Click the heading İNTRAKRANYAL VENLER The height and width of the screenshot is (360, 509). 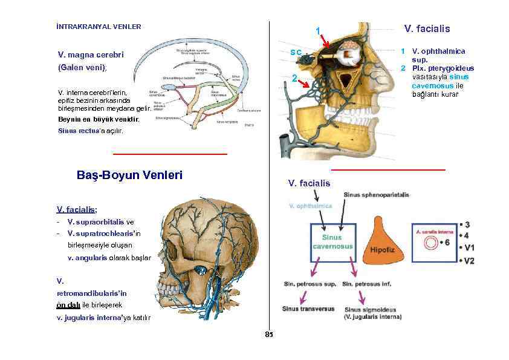click(x=98, y=27)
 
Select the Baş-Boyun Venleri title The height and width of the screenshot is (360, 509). click(x=129, y=175)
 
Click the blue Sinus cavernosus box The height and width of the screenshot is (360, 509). click(x=331, y=242)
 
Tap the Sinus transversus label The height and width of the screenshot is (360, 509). click(x=308, y=309)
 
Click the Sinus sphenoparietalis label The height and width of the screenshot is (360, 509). click(x=377, y=195)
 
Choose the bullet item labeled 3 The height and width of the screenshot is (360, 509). click(x=466, y=224)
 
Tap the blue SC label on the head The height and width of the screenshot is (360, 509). click(x=296, y=53)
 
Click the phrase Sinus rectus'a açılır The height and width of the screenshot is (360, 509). click(x=90, y=131)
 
